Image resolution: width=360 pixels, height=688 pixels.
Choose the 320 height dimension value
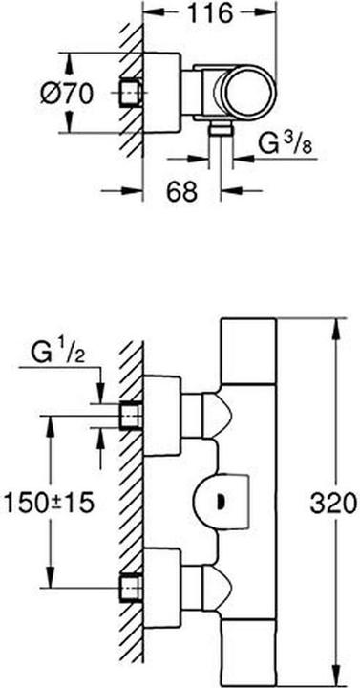coord(336,501)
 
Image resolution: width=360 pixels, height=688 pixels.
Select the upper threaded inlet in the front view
coord(131,417)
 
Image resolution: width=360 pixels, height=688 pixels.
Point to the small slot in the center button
coord(222,499)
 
